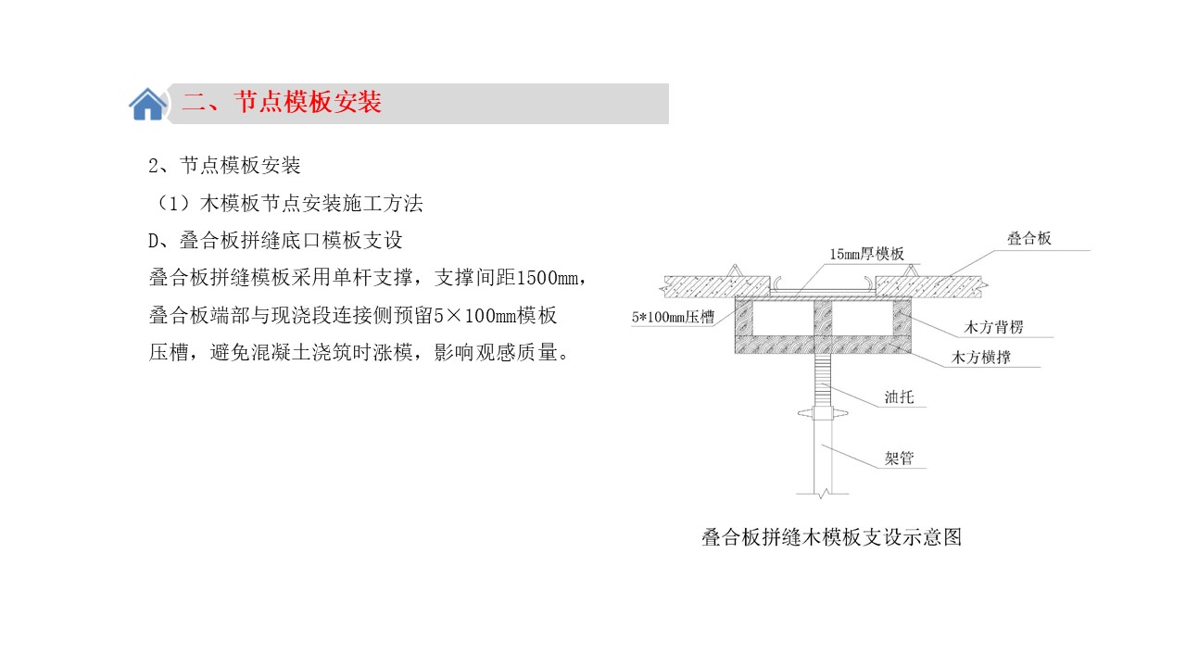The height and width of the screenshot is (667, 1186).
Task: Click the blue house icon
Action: click(147, 104)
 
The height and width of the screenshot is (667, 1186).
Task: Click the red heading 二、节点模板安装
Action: click(281, 102)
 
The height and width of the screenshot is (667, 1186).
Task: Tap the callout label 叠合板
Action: click(1028, 238)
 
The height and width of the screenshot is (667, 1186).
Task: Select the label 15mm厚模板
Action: click(866, 254)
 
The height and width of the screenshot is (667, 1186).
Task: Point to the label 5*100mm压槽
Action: click(673, 317)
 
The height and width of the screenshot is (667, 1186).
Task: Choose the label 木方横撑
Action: click(980, 358)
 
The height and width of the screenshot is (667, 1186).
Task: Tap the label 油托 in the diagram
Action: click(899, 397)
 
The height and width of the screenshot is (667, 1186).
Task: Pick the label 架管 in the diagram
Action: click(899, 458)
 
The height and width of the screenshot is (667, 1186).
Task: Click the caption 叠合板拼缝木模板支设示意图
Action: click(831, 537)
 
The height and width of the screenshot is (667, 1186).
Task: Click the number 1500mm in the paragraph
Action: click(547, 278)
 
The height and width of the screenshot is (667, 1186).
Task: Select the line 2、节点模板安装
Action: click(224, 166)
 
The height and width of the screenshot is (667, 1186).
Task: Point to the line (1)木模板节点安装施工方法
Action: click(288, 203)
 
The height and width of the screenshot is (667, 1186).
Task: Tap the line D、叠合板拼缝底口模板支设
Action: click(275, 241)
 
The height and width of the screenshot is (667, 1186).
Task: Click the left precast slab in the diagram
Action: click(716, 286)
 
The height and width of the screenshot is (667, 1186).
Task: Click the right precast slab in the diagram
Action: click(930, 286)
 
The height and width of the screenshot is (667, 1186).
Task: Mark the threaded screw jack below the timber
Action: click(823, 380)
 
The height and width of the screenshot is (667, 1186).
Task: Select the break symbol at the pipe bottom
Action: click(822, 495)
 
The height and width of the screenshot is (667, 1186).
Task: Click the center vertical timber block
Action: click(823, 318)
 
